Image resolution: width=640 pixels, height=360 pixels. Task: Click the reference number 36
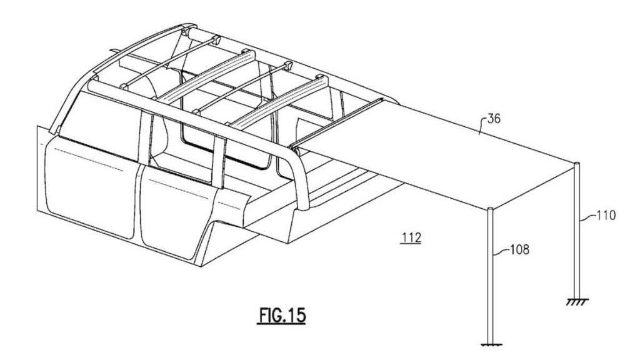coord(492,119)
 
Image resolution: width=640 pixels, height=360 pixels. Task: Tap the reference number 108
coord(519,249)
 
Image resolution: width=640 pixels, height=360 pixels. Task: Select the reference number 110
coord(606,215)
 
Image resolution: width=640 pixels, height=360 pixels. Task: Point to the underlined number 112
coord(411,237)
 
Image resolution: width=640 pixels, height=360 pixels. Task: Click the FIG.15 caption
coord(282,315)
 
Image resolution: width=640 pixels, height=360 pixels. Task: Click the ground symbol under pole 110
coord(577,301)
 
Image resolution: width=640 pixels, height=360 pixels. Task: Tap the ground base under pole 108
coord(491,345)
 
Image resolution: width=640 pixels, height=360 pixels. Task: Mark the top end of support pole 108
coord(491,209)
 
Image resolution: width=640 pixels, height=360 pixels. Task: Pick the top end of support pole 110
coord(577,164)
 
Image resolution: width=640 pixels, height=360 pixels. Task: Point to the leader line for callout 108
coord(502,251)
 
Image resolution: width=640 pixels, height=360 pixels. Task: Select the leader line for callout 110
coord(587,217)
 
